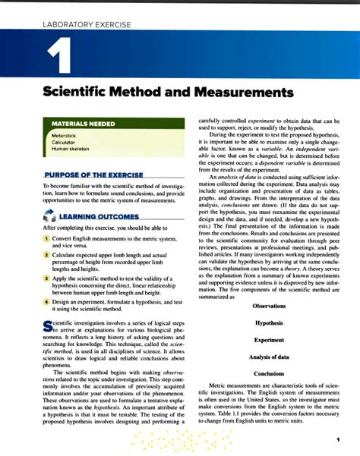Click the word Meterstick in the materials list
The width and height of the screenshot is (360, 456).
65,135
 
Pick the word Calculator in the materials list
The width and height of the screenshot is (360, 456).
64,142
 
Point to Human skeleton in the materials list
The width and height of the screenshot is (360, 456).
70,149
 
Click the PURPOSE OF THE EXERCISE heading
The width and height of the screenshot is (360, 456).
93,175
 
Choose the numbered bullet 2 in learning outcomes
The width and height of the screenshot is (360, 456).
46,256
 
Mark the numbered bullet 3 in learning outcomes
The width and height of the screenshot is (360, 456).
46,279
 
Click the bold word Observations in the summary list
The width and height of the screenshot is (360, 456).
269,307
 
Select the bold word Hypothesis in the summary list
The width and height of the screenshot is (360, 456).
269,323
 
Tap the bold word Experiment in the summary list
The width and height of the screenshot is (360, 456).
269,340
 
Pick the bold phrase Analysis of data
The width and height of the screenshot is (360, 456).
269,357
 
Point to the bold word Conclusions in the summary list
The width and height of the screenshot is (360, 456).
269,373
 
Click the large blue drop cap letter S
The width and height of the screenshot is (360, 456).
48,326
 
